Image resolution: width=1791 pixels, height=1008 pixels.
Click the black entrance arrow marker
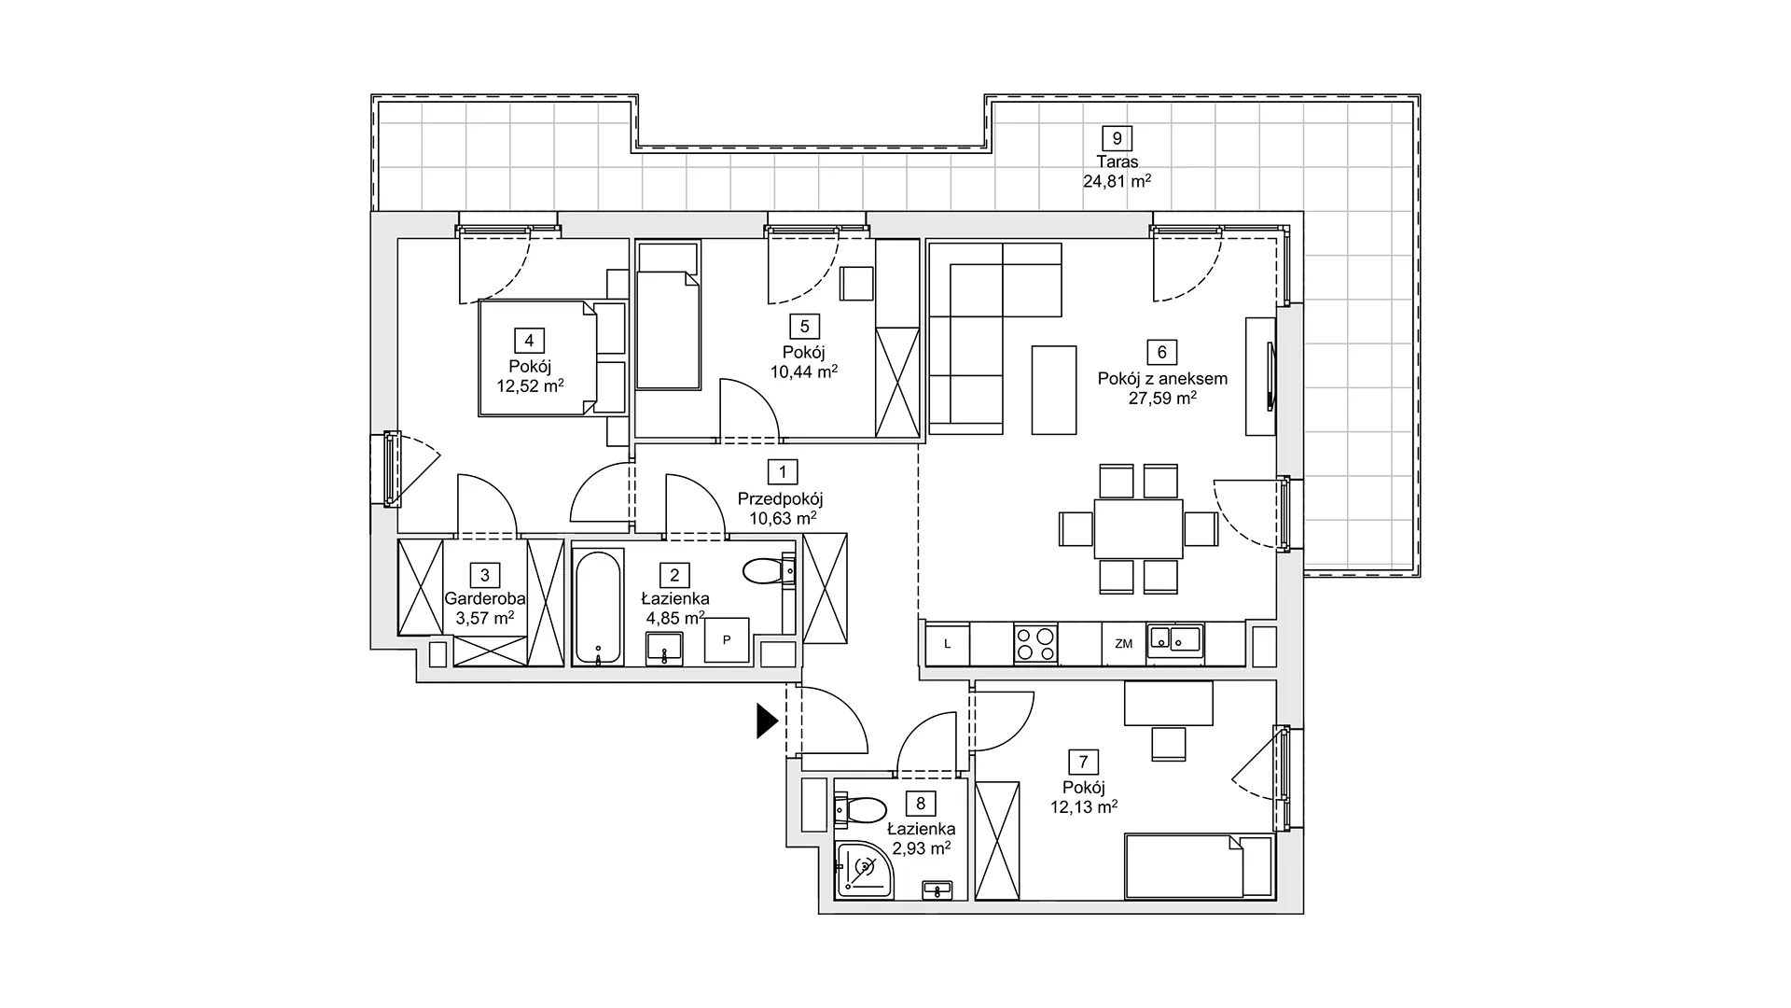(767, 721)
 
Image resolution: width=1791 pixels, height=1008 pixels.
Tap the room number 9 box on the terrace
(1116, 139)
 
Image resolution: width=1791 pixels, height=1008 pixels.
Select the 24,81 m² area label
(1116, 182)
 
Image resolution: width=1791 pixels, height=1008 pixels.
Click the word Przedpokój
(780, 499)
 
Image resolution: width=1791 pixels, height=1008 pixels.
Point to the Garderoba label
(485, 599)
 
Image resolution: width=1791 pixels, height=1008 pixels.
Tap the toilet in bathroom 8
(863, 808)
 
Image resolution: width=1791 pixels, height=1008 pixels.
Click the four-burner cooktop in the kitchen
(1035, 644)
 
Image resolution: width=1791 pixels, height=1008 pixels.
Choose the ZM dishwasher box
(1123, 644)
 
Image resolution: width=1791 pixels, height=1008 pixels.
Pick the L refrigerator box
(948, 644)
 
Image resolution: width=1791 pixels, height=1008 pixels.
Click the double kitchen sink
(1174, 639)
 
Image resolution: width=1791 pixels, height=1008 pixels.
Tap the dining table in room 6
(1138, 529)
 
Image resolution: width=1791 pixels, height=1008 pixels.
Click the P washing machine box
(727, 640)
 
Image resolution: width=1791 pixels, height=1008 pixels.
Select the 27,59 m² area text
(1162, 398)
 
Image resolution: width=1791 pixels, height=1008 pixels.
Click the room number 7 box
(1083, 763)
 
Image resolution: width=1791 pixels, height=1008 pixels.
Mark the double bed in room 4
(537, 357)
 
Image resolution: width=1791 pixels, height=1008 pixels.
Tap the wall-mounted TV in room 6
(1270, 376)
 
